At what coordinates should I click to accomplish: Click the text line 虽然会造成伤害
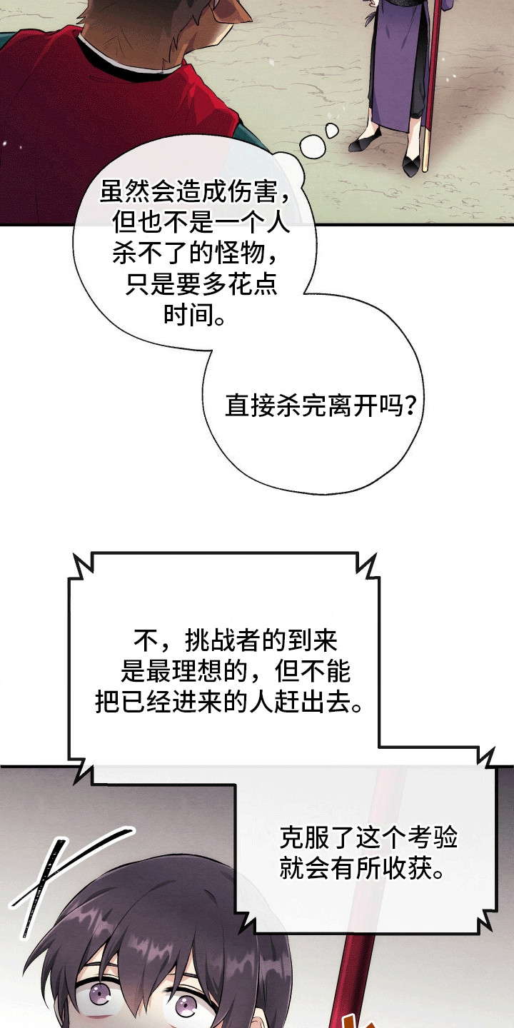click(x=195, y=191)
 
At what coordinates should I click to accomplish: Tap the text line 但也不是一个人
click(x=201, y=223)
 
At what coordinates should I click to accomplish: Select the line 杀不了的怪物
click(x=195, y=253)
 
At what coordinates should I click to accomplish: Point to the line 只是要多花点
click(x=201, y=285)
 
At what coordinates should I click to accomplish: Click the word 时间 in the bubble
click(x=189, y=316)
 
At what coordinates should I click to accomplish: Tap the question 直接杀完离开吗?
click(x=321, y=405)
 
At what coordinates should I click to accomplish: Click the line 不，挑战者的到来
click(x=236, y=640)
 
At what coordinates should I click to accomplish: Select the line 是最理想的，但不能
click(x=236, y=671)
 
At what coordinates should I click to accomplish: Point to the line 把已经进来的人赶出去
click(x=229, y=702)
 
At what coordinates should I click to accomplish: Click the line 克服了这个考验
click(x=368, y=837)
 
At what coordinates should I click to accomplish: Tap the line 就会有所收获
click(x=363, y=868)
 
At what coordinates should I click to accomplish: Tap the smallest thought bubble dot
click(x=332, y=130)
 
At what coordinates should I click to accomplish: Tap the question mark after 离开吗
click(x=411, y=405)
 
